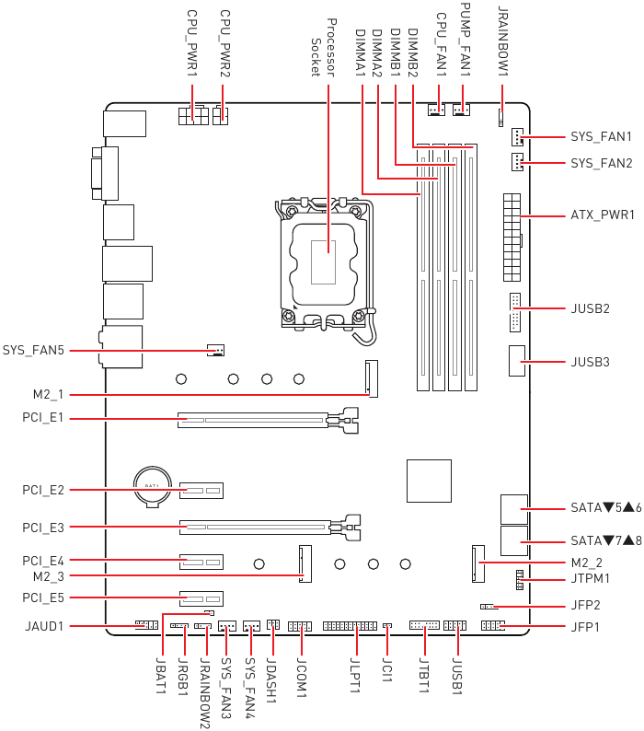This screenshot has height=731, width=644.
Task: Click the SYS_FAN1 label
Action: click(x=601, y=136)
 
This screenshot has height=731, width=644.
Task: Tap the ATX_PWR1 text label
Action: click(x=603, y=215)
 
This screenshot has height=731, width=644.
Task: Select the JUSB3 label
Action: click(x=590, y=362)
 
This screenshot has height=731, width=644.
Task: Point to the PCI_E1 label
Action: click(x=43, y=417)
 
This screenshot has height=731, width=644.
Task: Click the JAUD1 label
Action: click(x=44, y=626)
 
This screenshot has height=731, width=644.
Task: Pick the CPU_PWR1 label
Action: click(x=192, y=43)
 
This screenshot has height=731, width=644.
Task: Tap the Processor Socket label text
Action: click(x=323, y=47)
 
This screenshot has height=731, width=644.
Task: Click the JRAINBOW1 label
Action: click(x=503, y=41)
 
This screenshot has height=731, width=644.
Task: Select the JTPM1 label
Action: click(x=591, y=578)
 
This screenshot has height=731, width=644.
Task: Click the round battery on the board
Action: click(x=152, y=487)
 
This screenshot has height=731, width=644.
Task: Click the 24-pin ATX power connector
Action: click(x=512, y=238)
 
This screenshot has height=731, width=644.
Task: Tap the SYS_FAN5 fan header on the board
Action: click(x=216, y=350)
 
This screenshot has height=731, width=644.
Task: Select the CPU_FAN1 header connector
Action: click(x=437, y=110)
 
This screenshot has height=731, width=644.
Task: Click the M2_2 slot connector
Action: click(x=478, y=563)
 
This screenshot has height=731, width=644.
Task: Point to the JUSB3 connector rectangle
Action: click(x=517, y=361)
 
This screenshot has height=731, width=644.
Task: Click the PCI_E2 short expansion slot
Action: click(x=201, y=491)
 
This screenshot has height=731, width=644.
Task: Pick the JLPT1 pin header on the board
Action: click(x=350, y=626)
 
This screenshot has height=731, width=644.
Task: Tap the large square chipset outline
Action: click(x=429, y=482)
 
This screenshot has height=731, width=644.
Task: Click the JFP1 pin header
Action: click(x=493, y=625)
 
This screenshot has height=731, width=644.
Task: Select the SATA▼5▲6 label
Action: click(x=606, y=507)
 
